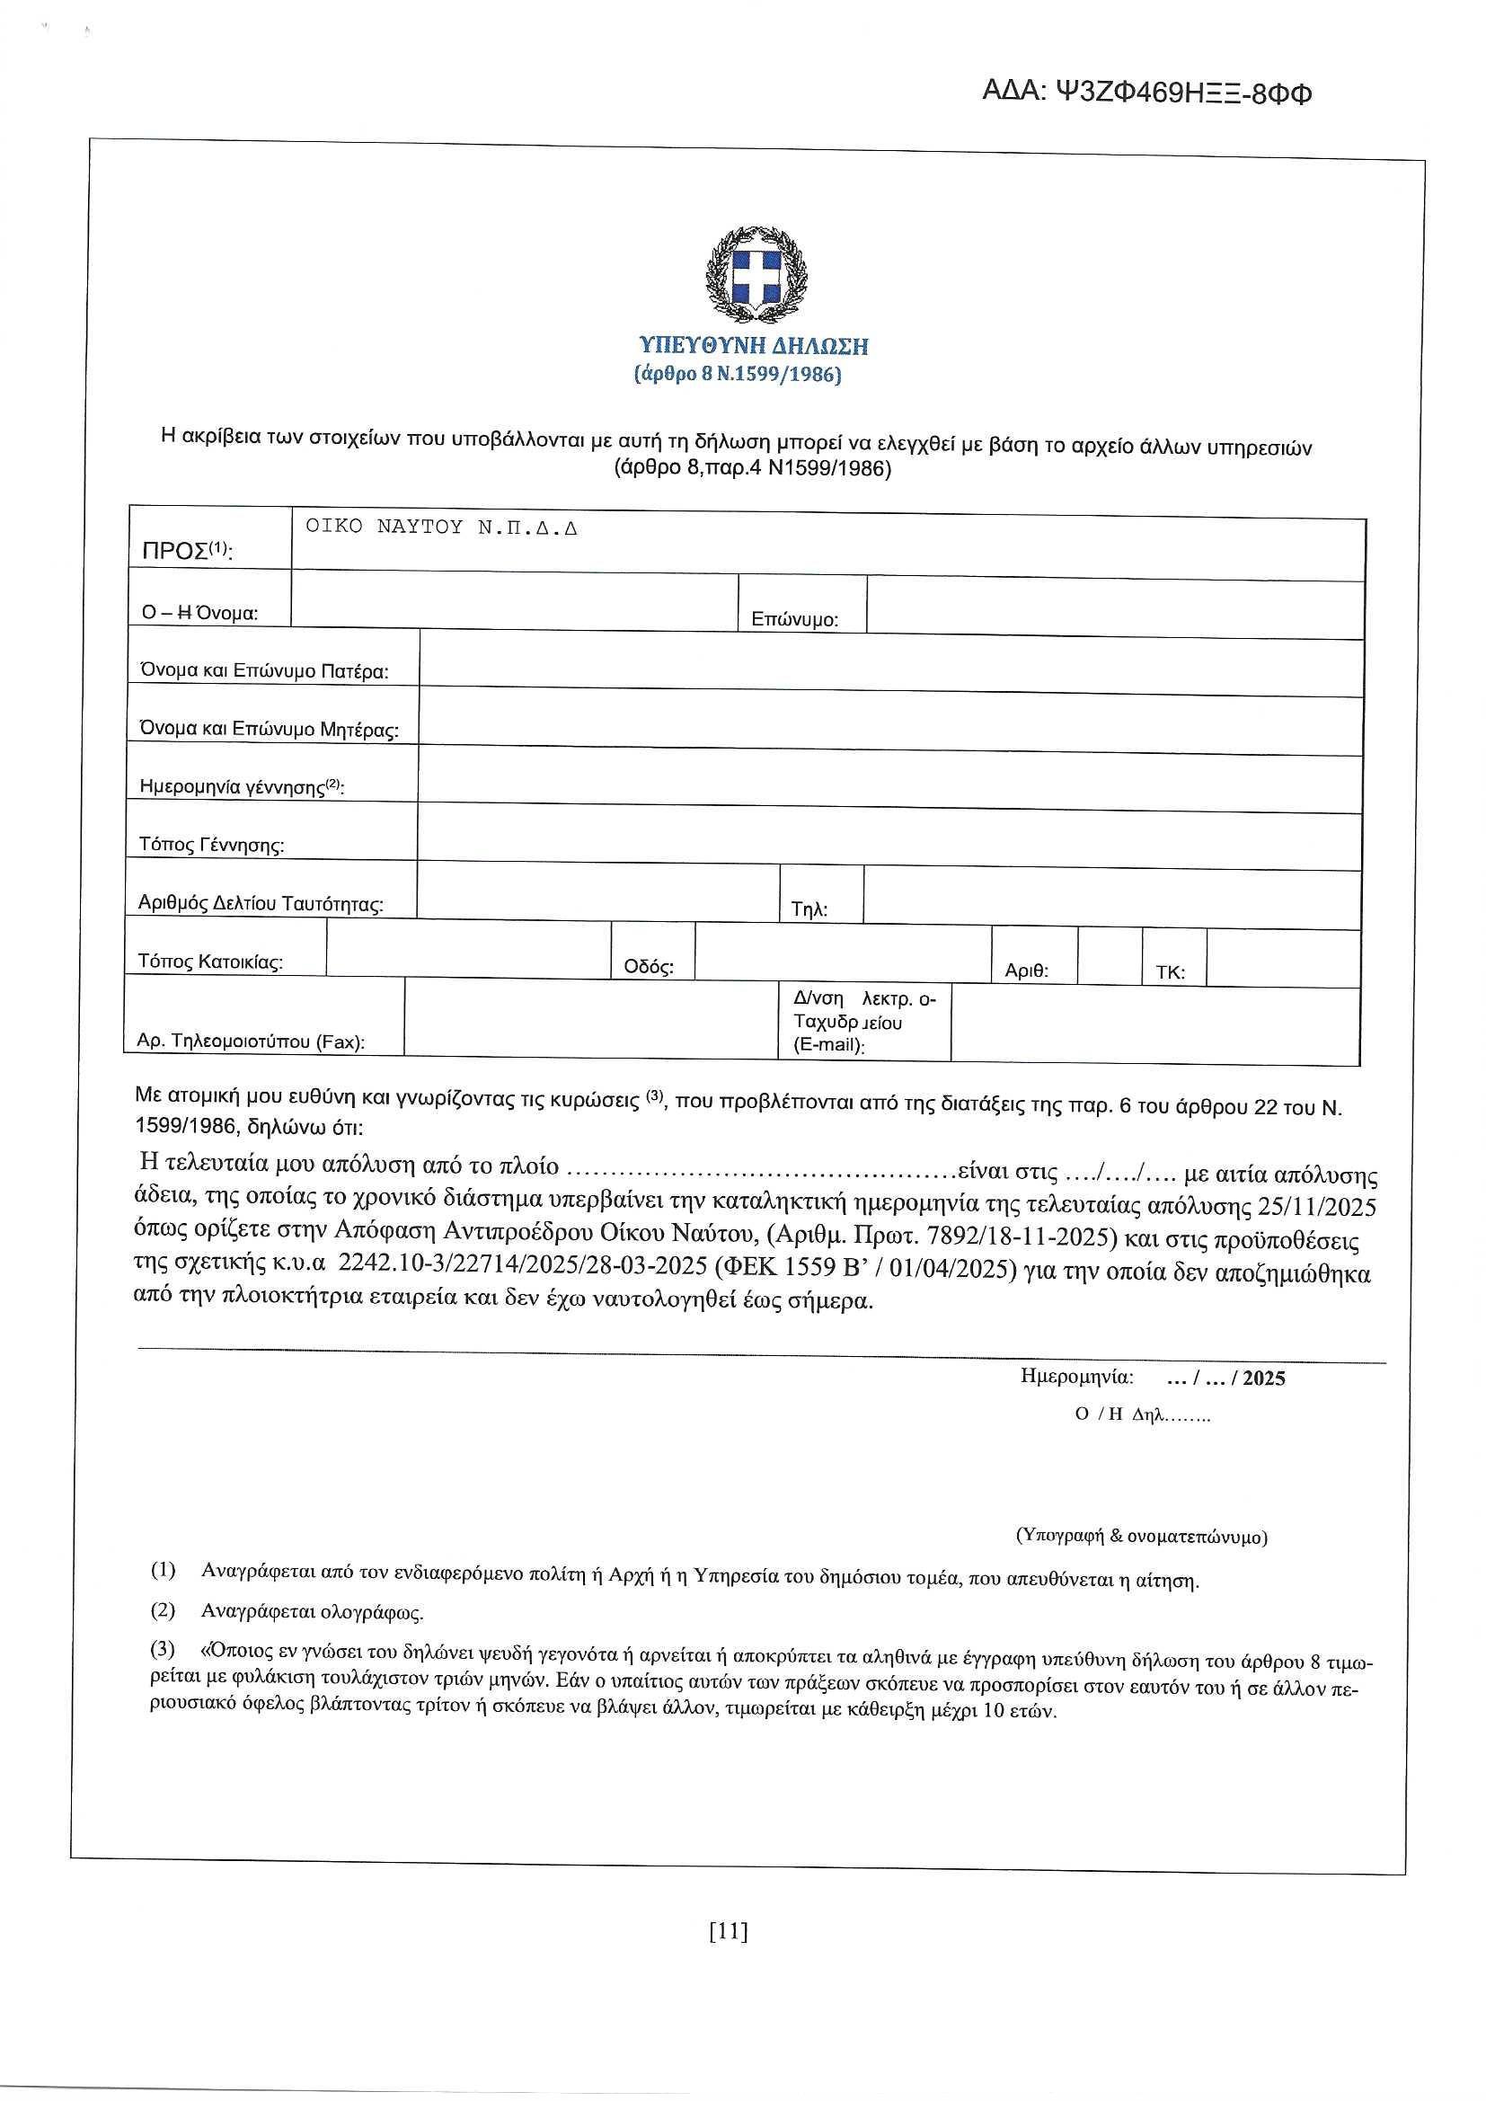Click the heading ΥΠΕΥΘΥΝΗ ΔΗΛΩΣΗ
[753, 346]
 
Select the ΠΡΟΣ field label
[187, 551]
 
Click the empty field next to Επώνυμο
[1113, 607]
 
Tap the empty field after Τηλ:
[1110, 896]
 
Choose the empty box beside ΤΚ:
[1282, 958]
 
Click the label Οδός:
[649, 967]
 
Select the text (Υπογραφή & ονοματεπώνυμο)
[1142, 1537]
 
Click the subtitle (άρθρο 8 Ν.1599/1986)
[737, 376]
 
